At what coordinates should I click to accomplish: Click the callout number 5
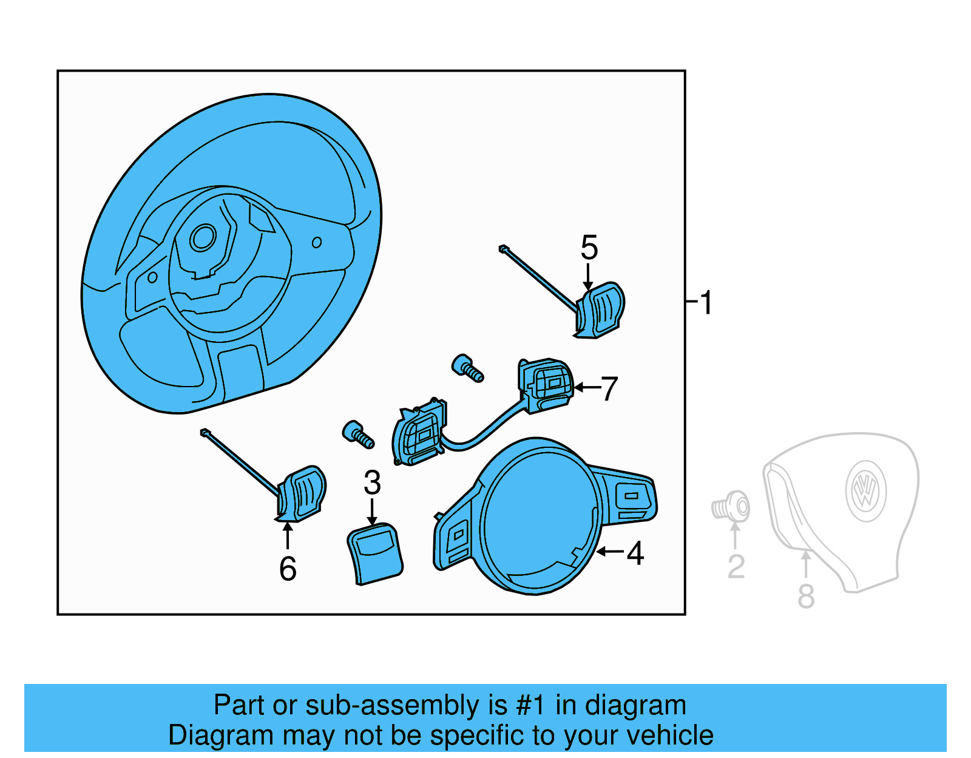(589, 248)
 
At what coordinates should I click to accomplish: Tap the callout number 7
(609, 388)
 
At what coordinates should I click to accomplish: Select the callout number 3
(372, 483)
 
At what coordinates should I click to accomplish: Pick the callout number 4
(635, 553)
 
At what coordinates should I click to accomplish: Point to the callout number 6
(288, 569)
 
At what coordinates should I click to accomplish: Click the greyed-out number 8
(805, 596)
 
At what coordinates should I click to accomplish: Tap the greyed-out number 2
(736, 567)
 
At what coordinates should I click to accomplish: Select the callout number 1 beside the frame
(706, 302)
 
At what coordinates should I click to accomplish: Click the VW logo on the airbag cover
(865, 491)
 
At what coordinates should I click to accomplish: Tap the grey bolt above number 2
(731, 507)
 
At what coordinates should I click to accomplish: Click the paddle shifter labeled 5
(601, 310)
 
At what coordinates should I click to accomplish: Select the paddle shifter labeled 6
(302, 493)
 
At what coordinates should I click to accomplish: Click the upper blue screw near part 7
(467, 368)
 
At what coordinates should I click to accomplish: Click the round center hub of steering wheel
(203, 237)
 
